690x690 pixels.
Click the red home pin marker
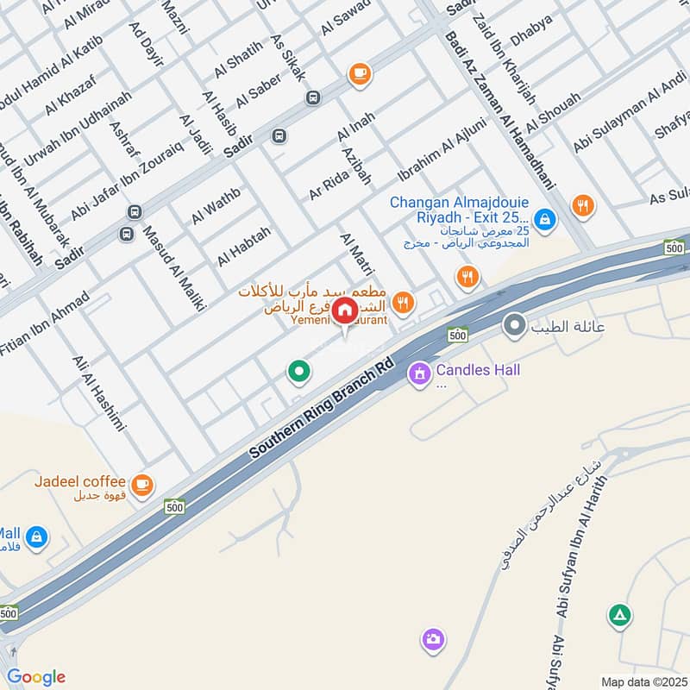tap(344, 311)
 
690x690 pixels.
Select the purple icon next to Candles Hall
tap(420, 373)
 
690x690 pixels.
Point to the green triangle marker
tap(619, 615)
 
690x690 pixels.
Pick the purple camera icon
tap(433, 640)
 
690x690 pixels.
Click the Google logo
tap(35, 677)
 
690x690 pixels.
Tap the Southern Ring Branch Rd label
tap(321, 409)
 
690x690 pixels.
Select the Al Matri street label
tap(354, 254)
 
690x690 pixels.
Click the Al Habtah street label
tap(244, 246)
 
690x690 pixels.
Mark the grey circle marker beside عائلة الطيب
tap(515, 326)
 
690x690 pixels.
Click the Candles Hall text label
tap(478, 371)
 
